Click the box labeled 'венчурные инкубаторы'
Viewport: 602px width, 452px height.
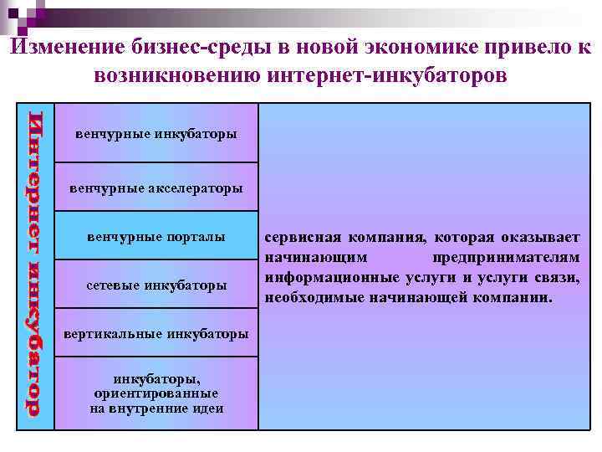156,133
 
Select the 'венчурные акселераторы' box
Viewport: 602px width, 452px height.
156,187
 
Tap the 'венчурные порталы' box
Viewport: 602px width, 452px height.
156,237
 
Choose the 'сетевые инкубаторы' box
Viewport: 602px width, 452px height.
156,285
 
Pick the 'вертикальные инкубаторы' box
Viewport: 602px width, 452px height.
156,334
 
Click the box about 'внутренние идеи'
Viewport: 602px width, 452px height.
156,393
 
